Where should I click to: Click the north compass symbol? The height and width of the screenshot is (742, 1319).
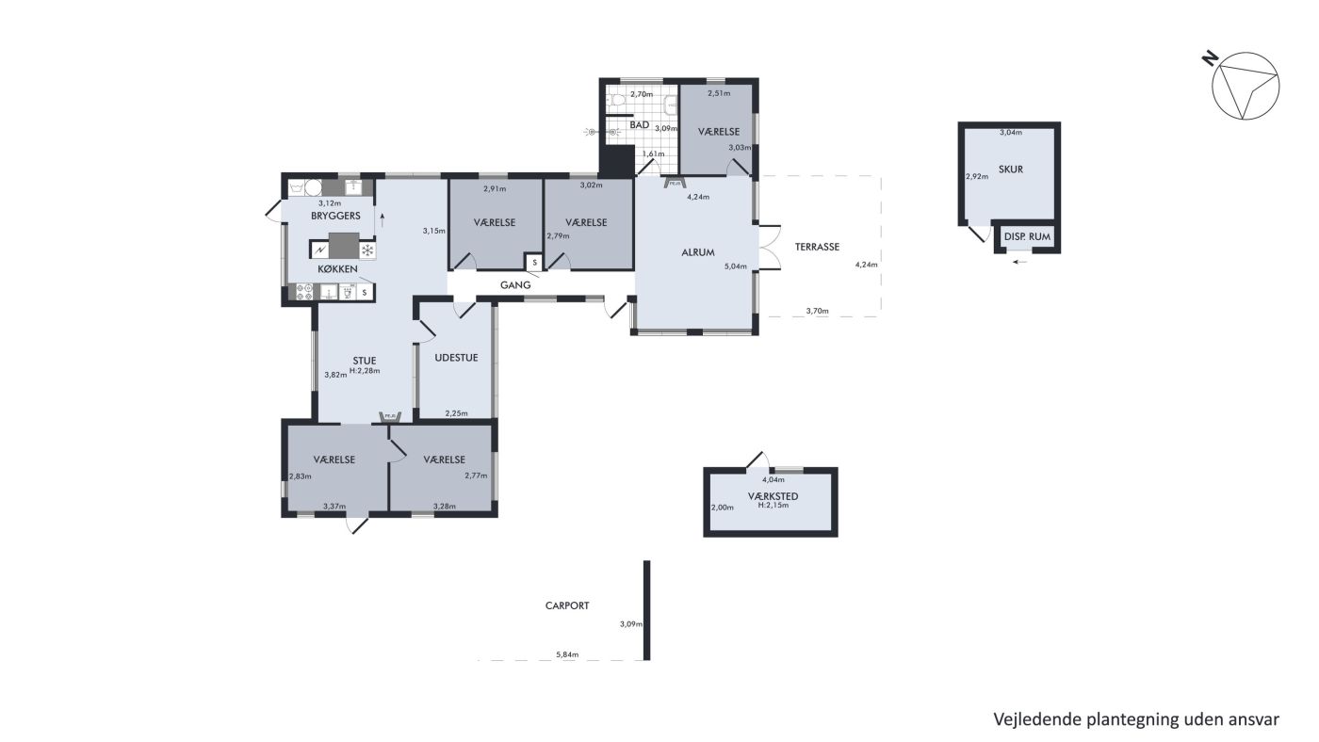tap(1245, 86)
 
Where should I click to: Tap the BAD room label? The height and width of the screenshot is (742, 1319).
tap(639, 124)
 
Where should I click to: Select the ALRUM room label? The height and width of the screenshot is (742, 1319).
tap(698, 252)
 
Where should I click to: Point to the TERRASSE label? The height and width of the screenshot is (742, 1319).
tap(817, 247)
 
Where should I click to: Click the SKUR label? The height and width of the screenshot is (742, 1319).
tap(1010, 169)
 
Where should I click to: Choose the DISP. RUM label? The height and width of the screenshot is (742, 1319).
tap(1027, 236)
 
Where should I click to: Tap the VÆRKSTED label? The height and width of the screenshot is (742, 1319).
tap(773, 496)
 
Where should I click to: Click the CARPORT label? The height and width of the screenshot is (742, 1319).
tap(567, 605)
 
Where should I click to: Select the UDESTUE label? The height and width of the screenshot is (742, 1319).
tap(456, 358)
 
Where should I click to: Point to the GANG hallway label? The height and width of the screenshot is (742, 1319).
tap(515, 284)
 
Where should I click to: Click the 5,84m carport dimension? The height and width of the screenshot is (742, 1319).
tap(567, 654)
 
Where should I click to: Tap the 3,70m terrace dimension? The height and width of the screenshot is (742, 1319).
tap(818, 311)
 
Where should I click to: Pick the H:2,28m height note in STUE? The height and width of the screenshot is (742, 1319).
tap(365, 371)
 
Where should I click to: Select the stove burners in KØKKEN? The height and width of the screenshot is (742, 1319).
tap(304, 293)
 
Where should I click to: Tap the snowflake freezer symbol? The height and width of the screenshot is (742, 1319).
tap(367, 250)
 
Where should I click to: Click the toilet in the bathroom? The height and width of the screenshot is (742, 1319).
tap(616, 103)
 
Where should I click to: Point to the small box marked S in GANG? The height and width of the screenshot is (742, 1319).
tap(534, 262)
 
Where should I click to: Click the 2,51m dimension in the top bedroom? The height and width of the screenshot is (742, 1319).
tap(719, 93)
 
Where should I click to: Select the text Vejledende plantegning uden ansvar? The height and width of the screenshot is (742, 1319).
tap(1136, 719)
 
